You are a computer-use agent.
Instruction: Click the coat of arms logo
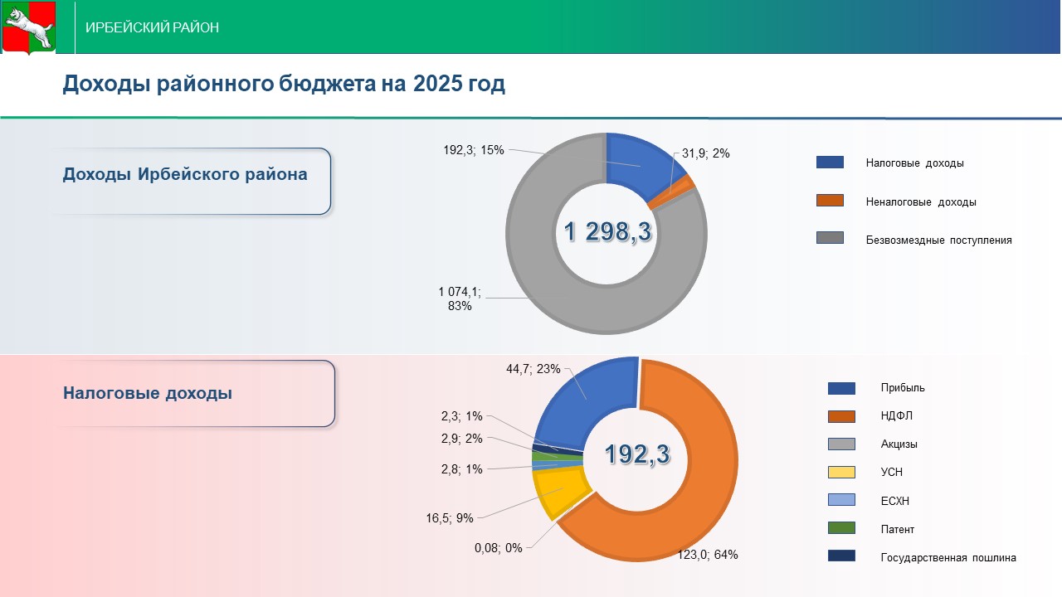[28, 27]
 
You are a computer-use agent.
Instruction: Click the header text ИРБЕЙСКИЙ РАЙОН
[153, 27]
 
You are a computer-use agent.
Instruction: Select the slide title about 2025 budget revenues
[284, 84]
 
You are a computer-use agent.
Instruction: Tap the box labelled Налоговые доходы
[195, 393]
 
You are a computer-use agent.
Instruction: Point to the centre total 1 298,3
[607, 232]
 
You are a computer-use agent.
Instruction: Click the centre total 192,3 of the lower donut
[636, 454]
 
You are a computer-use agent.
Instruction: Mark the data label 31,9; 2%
[705, 153]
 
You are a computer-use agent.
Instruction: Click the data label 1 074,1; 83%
[460, 298]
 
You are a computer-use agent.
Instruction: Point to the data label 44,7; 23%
[533, 369]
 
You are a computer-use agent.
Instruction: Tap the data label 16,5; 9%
[450, 518]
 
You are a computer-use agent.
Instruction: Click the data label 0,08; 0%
[498, 548]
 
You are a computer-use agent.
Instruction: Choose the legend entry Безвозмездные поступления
[938, 240]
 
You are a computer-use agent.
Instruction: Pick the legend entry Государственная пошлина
[948, 557]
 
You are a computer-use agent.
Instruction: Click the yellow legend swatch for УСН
[841, 472]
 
